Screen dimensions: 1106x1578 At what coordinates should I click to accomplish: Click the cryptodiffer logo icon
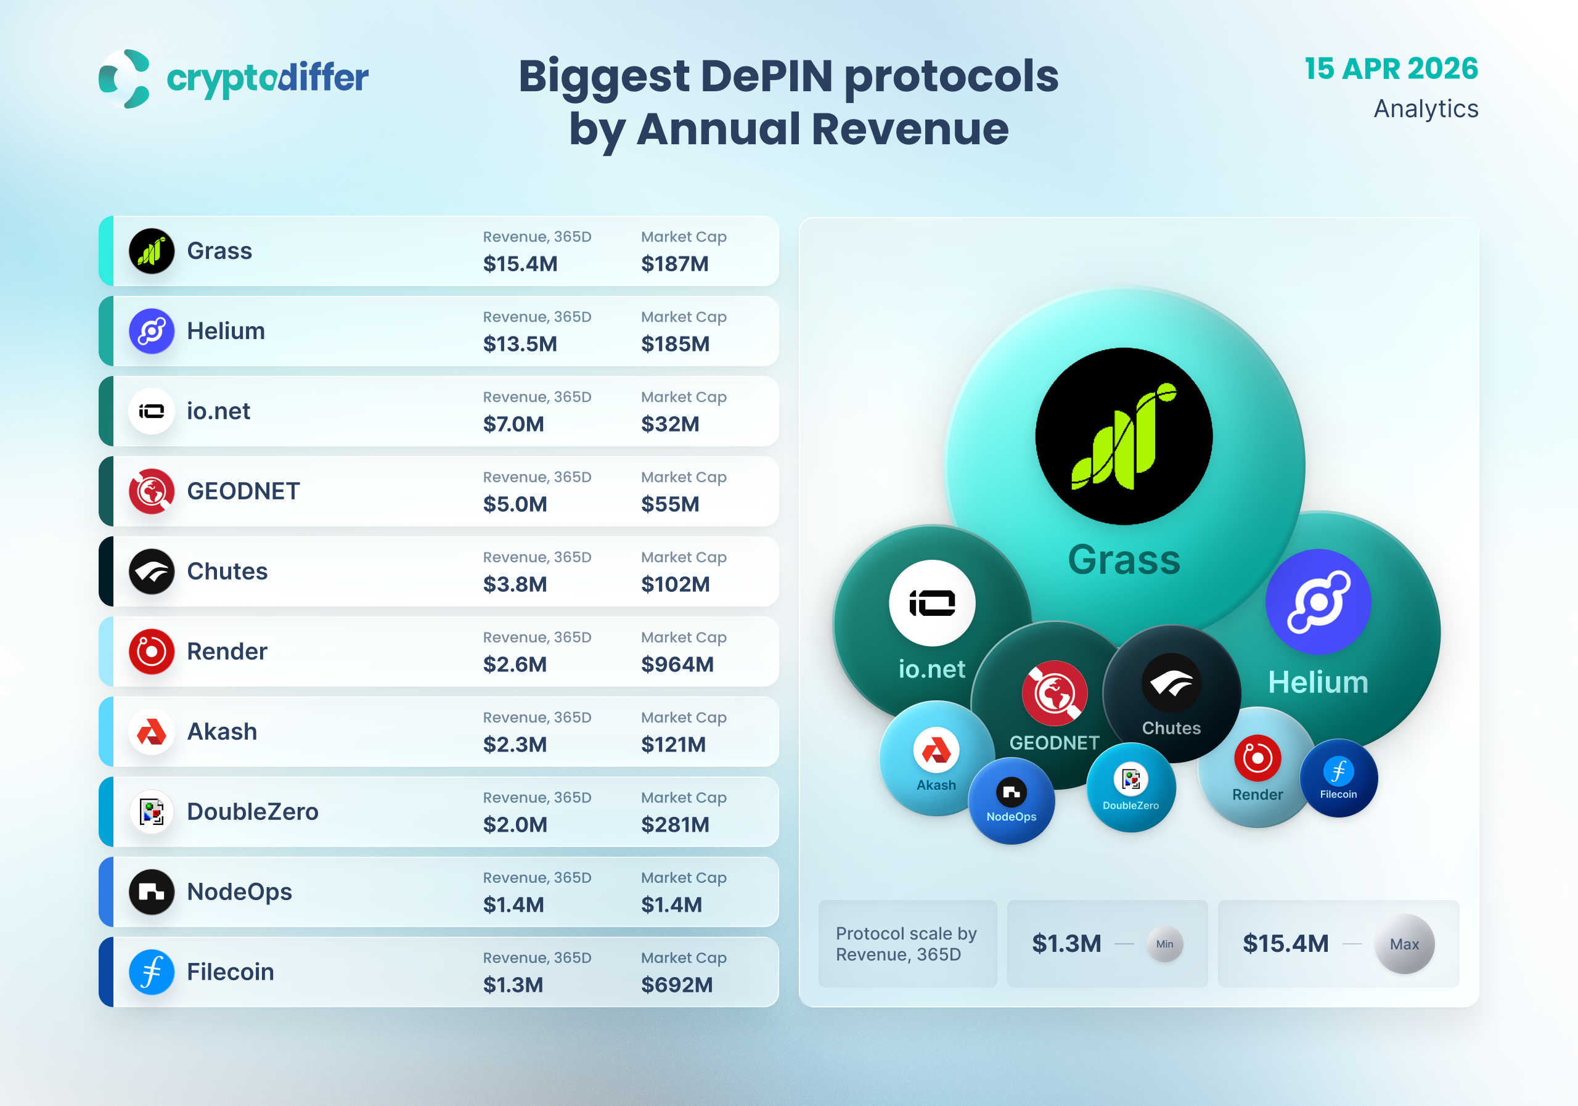tap(125, 78)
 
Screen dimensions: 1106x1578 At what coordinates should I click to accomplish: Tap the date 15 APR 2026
tap(1391, 68)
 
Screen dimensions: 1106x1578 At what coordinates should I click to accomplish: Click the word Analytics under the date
tap(1425, 109)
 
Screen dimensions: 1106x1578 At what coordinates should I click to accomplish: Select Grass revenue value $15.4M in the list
tap(520, 264)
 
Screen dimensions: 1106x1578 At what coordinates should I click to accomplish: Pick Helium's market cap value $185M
tap(675, 343)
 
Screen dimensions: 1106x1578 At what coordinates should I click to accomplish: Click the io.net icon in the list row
tap(151, 411)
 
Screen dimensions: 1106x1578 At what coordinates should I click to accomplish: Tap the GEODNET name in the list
tap(243, 491)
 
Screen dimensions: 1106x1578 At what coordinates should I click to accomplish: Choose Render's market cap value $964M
tap(677, 664)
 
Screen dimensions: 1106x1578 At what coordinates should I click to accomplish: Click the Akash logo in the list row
tap(151, 731)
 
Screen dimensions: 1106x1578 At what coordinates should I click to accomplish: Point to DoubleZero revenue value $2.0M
tap(515, 824)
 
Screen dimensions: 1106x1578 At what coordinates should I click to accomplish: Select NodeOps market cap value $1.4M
tap(671, 904)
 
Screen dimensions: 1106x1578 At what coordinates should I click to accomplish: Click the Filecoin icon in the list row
tap(151, 972)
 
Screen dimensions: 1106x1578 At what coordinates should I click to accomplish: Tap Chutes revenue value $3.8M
tap(515, 584)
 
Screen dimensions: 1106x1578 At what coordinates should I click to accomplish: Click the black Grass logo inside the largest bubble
tap(1124, 436)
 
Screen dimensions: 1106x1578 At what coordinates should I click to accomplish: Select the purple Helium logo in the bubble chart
tap(1317, 602)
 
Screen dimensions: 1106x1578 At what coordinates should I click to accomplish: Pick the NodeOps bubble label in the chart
tap(1011, 817)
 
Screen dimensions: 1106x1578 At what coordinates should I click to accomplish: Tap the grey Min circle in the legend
tap(1164, 944)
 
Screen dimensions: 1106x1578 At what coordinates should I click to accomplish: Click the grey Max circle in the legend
tap(1404, 944)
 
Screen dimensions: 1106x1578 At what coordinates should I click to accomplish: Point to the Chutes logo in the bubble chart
tap(1171, 683)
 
